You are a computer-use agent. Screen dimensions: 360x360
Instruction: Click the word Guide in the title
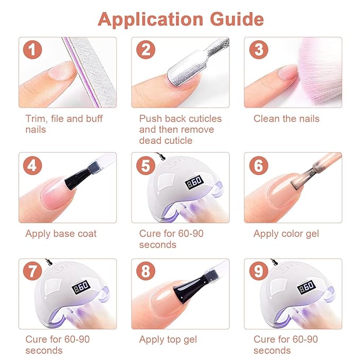click(x=236, y=19)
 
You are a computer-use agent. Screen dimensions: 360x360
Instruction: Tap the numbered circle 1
click(x=32, y=50)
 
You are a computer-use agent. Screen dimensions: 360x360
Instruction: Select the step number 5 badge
click(x=146, y=165)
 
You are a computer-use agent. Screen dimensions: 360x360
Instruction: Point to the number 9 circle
click(x=259, y=271)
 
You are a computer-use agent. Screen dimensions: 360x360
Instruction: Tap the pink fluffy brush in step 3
click(x=319, y=71)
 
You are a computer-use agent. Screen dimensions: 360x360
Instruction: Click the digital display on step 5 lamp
click(x=194, y=182)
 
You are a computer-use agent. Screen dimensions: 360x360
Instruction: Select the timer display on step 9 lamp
click(x=306, y=287)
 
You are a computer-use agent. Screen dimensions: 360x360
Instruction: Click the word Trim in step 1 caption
click(x=35, y=119)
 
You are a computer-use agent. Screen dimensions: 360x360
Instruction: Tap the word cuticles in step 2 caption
click(x=205, y=119)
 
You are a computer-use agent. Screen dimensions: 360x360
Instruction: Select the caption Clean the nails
click(x=286, y=119)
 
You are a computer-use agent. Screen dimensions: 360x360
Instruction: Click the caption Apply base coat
click(x=61, y=234)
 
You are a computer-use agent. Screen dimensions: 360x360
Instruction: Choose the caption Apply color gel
click(x=286, y=234)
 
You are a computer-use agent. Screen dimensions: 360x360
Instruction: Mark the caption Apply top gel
click(x=168, y=339)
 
